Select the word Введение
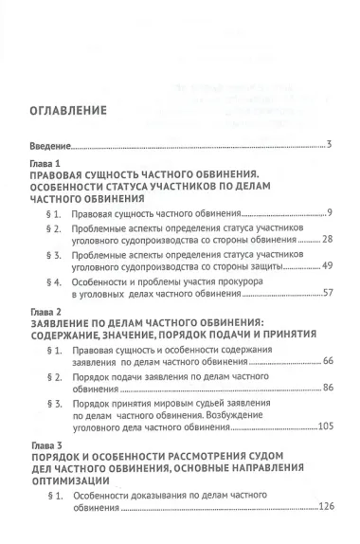point(47,146)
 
